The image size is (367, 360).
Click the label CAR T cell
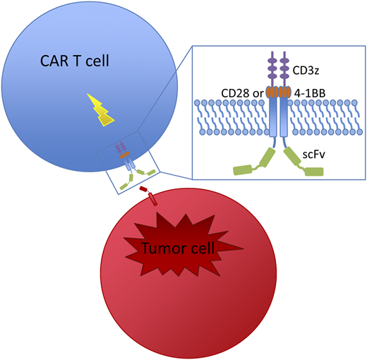click(x=77, y=64)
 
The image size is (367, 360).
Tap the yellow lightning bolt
click(x=103, y=108)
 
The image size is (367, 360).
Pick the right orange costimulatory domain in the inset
click(x=284, y=92)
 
